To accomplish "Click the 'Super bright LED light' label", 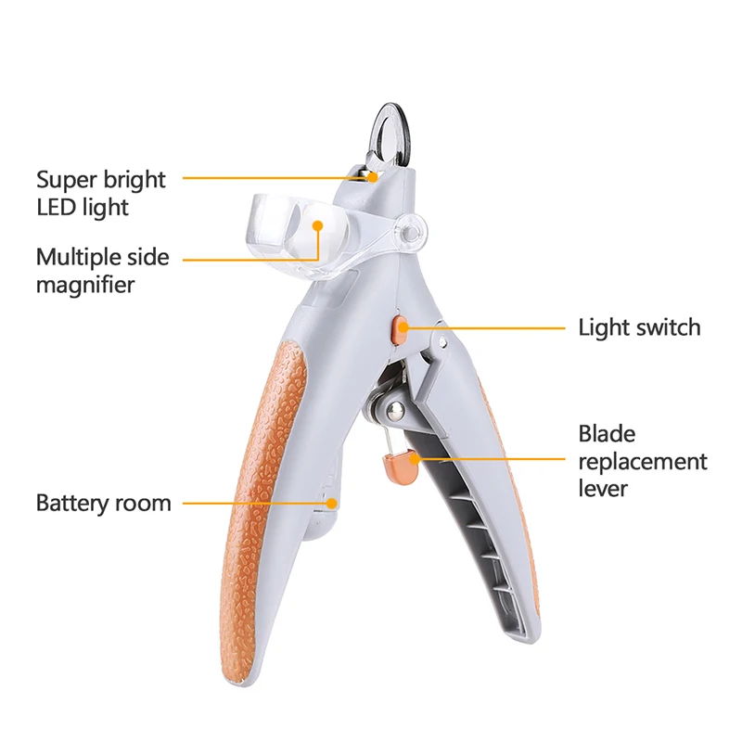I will click(101, 192).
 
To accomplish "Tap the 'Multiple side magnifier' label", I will click(103, 270).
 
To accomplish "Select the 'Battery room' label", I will click(104, 504).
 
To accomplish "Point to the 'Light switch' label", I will click(639, 327).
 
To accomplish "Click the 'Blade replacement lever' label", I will click(642, 461).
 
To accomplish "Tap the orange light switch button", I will click(400, 327).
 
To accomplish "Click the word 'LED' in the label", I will click(57, 206).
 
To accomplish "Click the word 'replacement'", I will click(642, 461).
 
